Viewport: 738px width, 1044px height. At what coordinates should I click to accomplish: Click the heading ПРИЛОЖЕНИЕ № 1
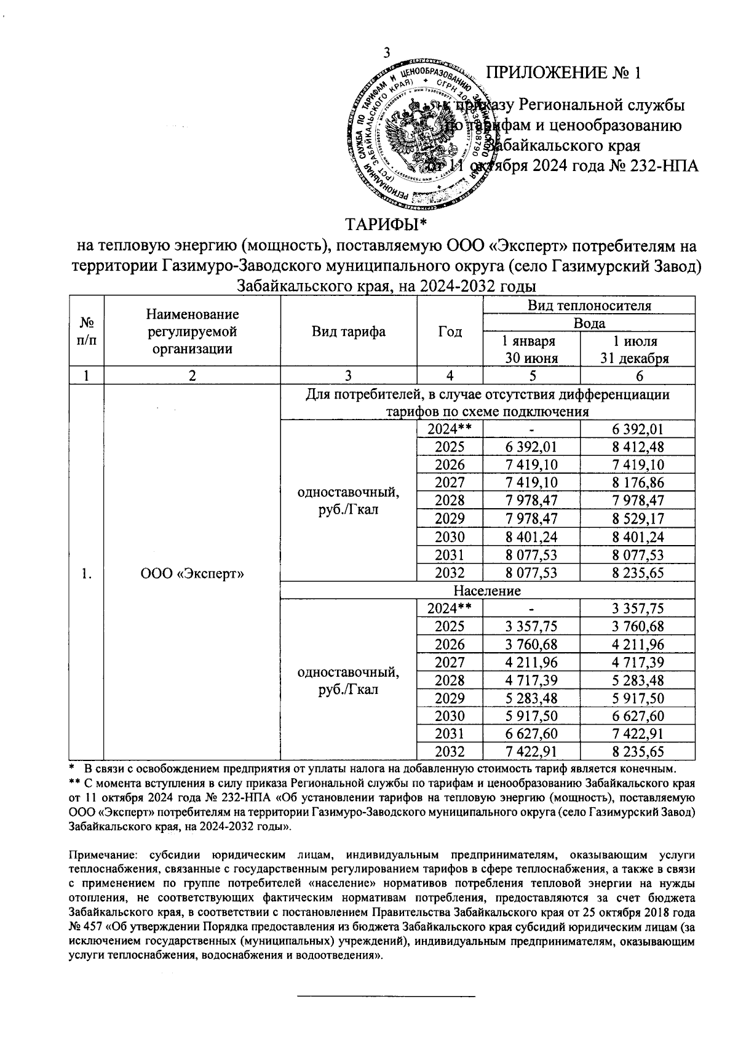point(564,73)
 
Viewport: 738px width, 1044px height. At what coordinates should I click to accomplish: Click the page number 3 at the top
point(387,54)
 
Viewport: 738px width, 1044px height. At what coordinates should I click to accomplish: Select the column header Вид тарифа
point(348,332)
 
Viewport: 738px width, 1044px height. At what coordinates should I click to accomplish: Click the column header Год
point(450,332)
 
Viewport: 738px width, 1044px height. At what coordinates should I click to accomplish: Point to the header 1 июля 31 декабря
point(638,349)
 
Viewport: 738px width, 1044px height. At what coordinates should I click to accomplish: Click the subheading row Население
point(487,591)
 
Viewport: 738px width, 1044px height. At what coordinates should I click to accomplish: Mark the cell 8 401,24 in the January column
point(531,536)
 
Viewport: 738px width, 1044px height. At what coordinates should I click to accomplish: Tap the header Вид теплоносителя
point(589,305)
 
